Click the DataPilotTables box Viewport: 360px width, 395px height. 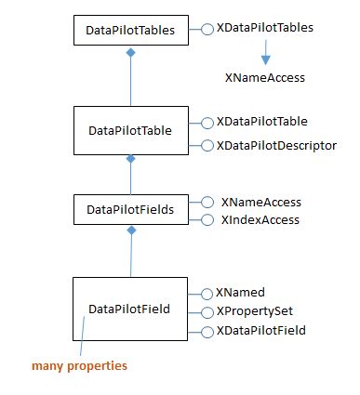130,29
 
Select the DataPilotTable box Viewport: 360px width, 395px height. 130,132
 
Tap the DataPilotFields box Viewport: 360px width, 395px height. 130,209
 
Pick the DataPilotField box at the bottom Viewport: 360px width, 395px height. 130,308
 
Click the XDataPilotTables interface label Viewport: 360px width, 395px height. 264,28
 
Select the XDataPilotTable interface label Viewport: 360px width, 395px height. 261,122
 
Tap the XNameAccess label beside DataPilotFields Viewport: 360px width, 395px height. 260,202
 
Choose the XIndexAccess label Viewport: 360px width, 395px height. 260,219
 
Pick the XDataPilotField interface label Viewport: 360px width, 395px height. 260,331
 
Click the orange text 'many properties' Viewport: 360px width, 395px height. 79,366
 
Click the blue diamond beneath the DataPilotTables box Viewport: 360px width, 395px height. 131,56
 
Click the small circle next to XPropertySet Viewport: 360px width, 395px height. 207,311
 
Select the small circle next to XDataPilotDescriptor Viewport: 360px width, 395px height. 207,145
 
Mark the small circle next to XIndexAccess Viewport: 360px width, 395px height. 207,220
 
